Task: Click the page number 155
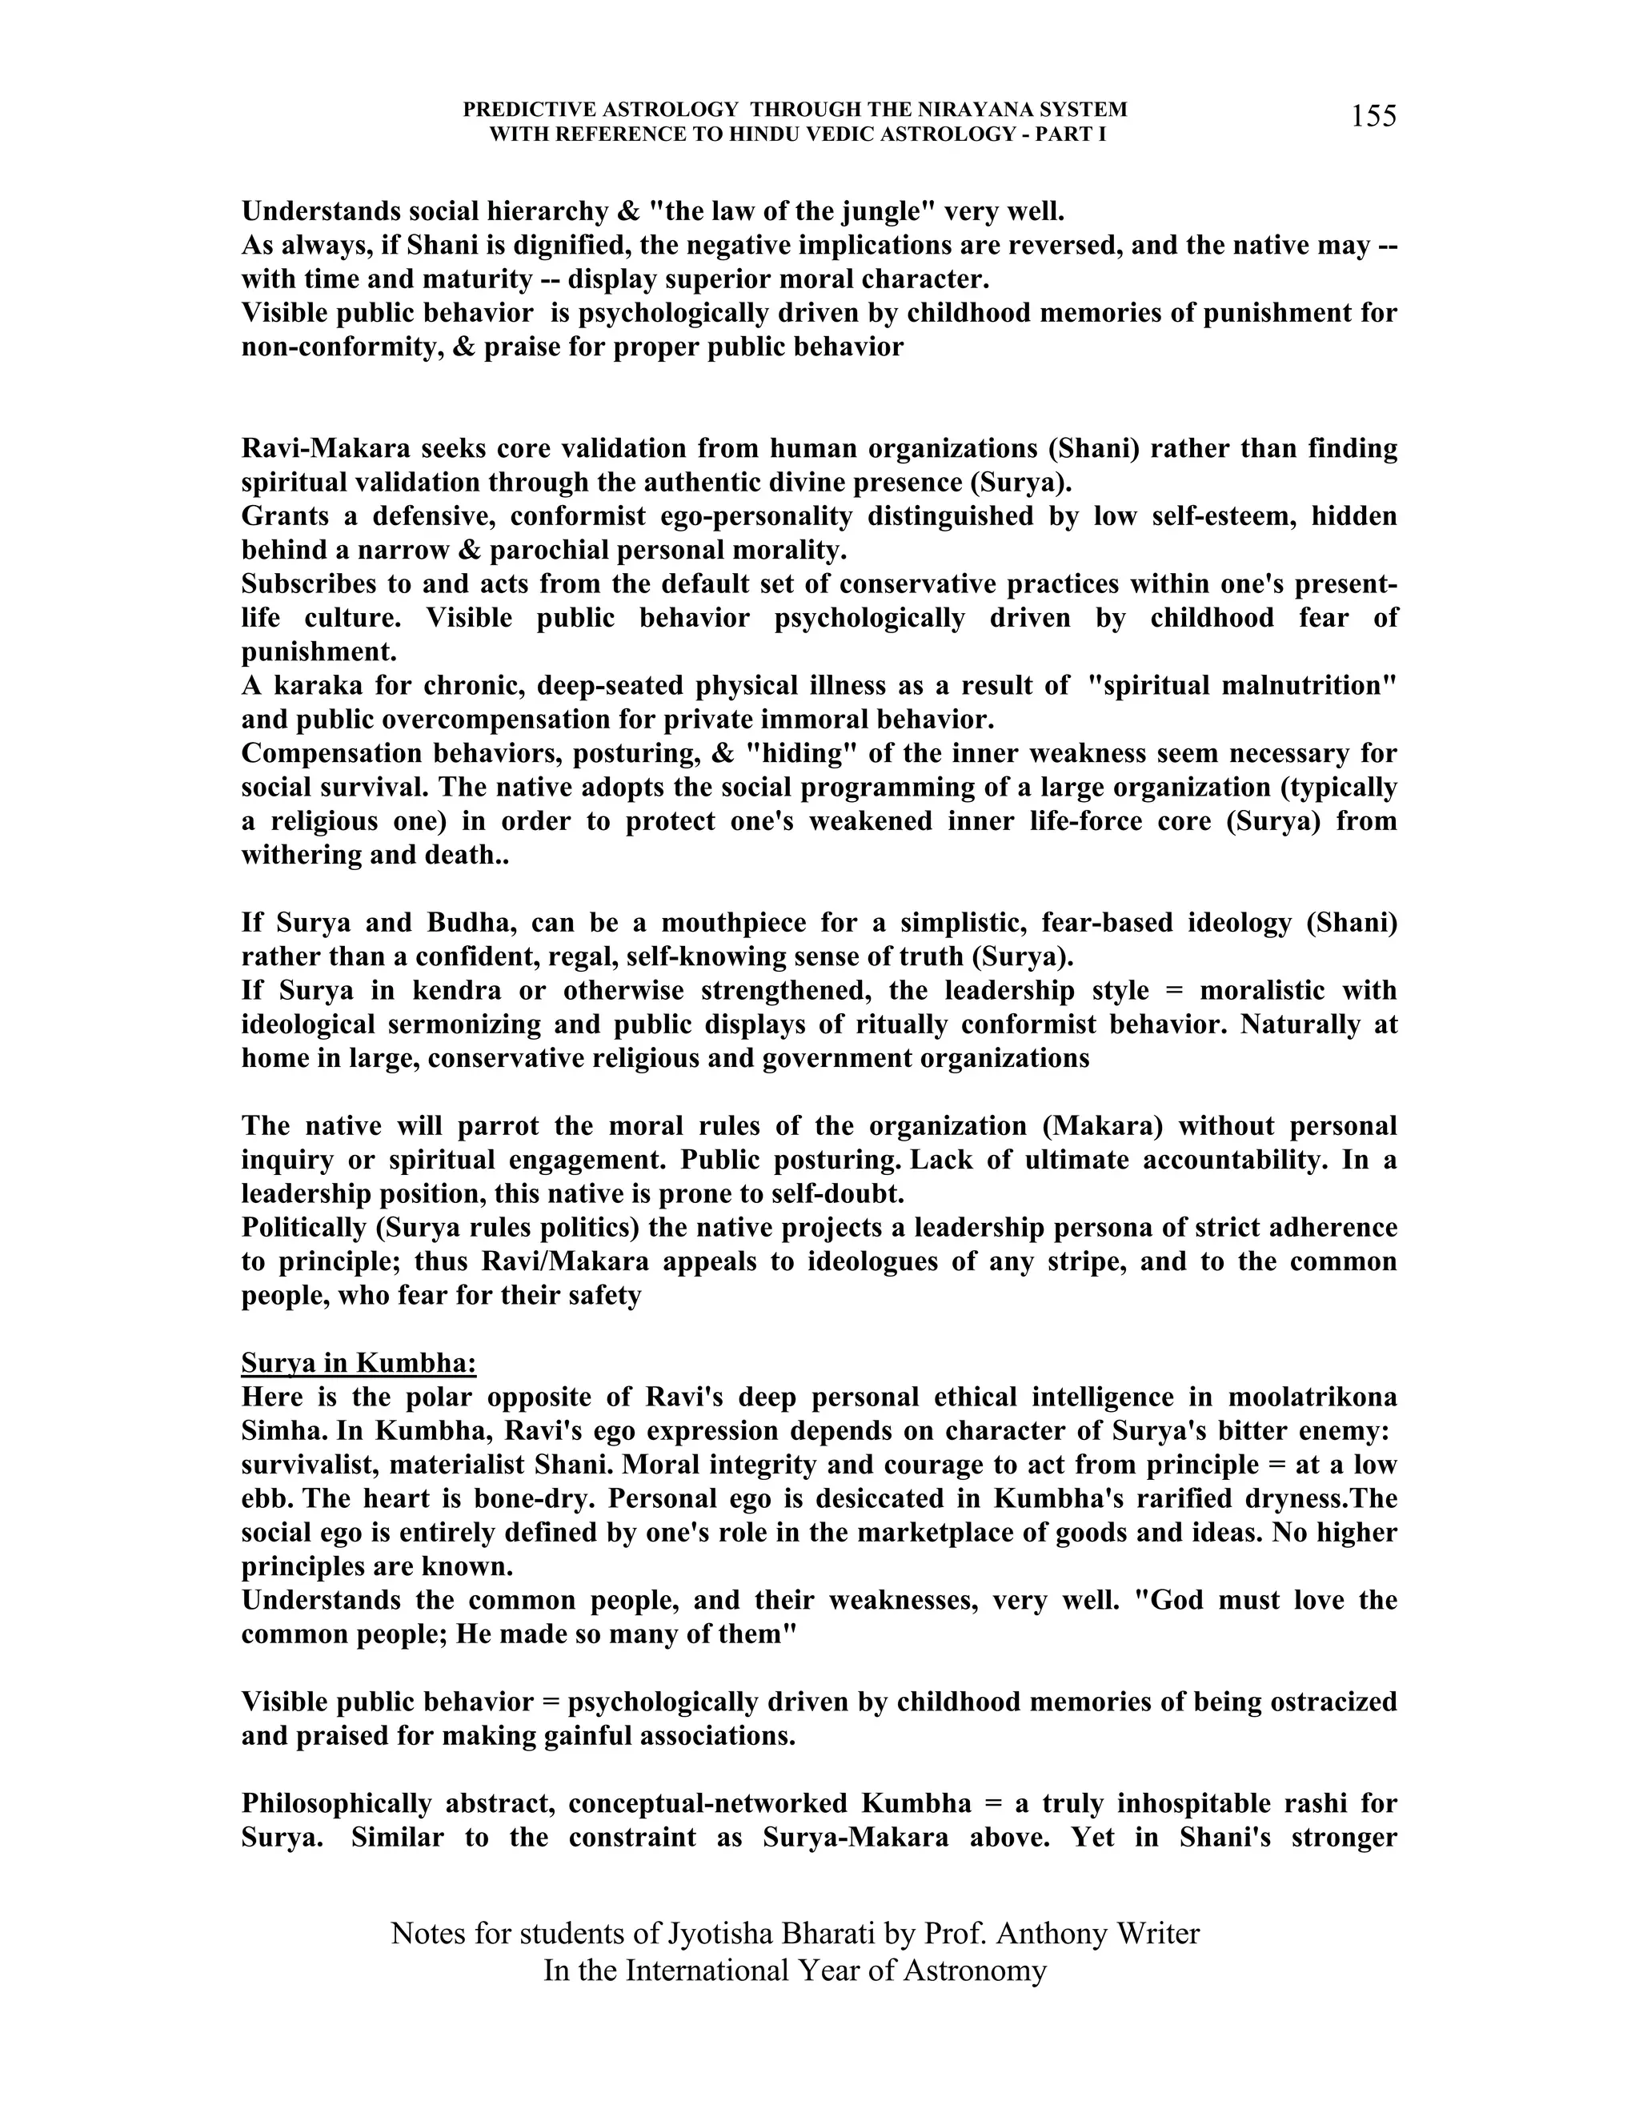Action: click(1373, 117)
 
